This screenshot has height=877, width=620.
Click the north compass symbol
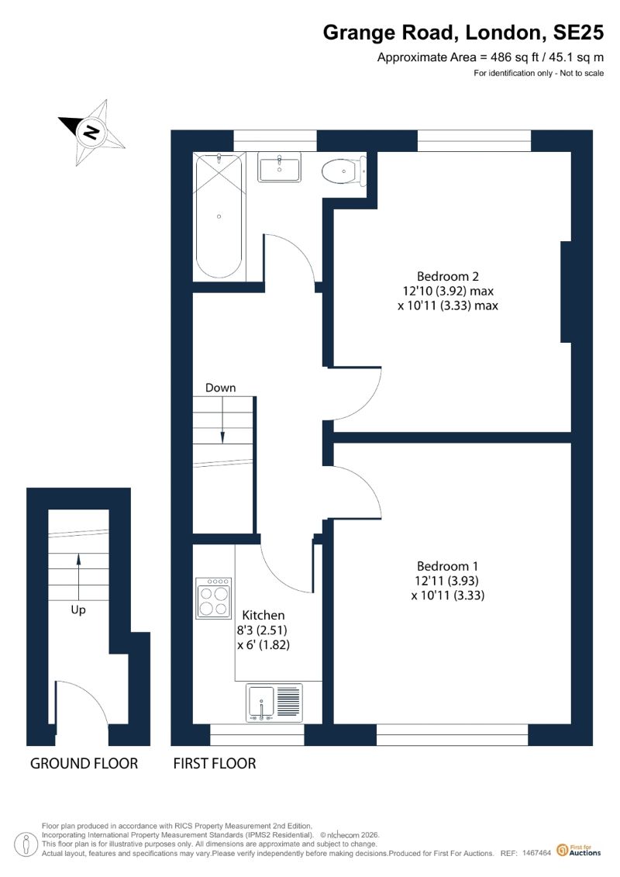(x=91, y=133)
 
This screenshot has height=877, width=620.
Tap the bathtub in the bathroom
(x=219, y=216)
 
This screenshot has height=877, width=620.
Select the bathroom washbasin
(x=280, y=167)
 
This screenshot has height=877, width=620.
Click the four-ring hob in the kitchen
(x=214, y=598)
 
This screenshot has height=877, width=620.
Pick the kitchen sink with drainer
(x=274, y=703)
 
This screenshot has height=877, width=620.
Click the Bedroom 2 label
(x=448, y=276)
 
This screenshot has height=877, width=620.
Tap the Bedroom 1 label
(x=447, y=566)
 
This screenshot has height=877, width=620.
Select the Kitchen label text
(x=263, y=615)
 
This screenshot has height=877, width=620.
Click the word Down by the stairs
(x=220, y=388)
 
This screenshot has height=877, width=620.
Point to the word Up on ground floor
(x=78, y=610)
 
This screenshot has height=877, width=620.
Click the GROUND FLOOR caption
(x=84, y=764)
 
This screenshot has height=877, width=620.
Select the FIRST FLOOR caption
(x=215, y=764)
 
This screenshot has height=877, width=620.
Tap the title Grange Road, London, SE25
(x=463, y=33)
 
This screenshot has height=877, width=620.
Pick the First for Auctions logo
(x=579, y=851)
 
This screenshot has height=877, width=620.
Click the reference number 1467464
(x=537, y=853)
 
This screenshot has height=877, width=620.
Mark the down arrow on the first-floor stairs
(x=222, y=420)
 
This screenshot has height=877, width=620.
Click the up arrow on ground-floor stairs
(x=78, y=577)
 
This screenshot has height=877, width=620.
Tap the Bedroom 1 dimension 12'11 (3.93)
(x=446, y=581)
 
